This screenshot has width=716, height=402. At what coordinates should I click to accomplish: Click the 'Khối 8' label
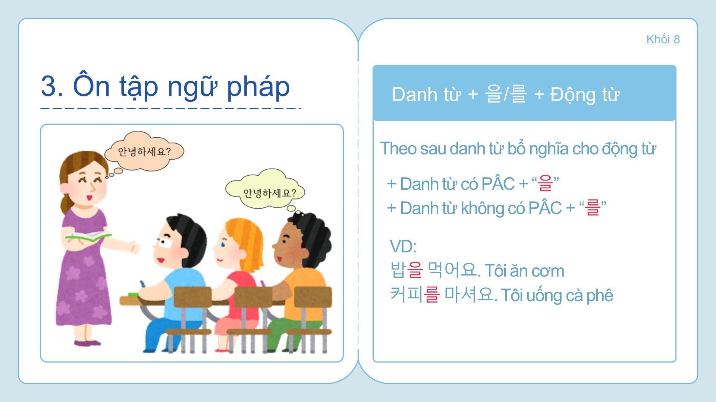point(663,39)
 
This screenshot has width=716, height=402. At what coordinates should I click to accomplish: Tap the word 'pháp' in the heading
point(258,87)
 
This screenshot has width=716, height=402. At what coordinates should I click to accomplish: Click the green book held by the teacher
point(88,236)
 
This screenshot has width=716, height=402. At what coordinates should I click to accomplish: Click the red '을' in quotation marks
point(545,184)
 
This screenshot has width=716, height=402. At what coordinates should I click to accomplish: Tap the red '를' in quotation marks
point(593,208)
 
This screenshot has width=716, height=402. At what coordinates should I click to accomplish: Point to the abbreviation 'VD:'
point(403,246)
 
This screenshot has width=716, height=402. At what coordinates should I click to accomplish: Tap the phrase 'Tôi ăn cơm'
point(524,271)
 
